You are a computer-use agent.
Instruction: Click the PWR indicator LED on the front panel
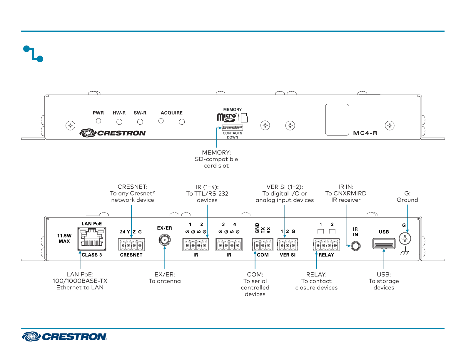pos(98,121)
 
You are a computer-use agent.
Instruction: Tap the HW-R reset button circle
pos(119,122)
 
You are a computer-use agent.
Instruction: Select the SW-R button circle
pos(140,122)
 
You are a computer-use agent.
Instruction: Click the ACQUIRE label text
pos(171,113)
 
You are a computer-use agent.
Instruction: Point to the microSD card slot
pos(232,128)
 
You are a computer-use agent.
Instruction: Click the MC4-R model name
pos(365,133)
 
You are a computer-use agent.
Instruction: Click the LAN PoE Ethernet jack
pos(92,239)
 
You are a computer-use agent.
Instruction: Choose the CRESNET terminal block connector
pos(131,245)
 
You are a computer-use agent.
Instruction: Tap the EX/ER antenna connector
pos(165,240)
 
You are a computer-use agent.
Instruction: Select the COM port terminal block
pos(263,245)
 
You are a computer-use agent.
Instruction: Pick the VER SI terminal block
pos(287,245)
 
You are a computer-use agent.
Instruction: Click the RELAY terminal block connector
pos(326,245)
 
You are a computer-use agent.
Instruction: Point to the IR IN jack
pos(356,246)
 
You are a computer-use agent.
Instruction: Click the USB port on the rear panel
pos(384,244)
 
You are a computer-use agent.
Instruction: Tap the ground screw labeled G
pos(405,239)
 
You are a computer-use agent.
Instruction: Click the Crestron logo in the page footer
pos(64,336)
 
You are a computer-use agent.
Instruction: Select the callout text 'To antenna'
pos(165,281)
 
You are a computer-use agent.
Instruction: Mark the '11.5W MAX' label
pos(64,238)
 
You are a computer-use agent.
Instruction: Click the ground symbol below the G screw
pos(405,251)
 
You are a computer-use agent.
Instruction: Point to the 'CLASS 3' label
pos(92,255)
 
